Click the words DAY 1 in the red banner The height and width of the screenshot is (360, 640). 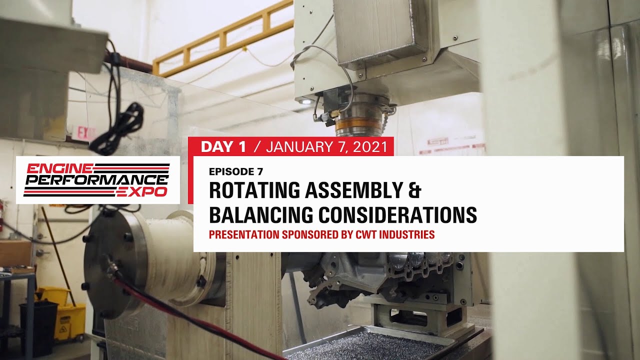tap(223, 146)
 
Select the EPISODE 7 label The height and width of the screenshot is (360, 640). tap(235, 171)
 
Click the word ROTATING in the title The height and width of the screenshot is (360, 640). tap(254, 190)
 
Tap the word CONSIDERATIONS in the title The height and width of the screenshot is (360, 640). tap(398, 214)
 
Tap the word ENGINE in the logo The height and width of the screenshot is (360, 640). tap(52, 168)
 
